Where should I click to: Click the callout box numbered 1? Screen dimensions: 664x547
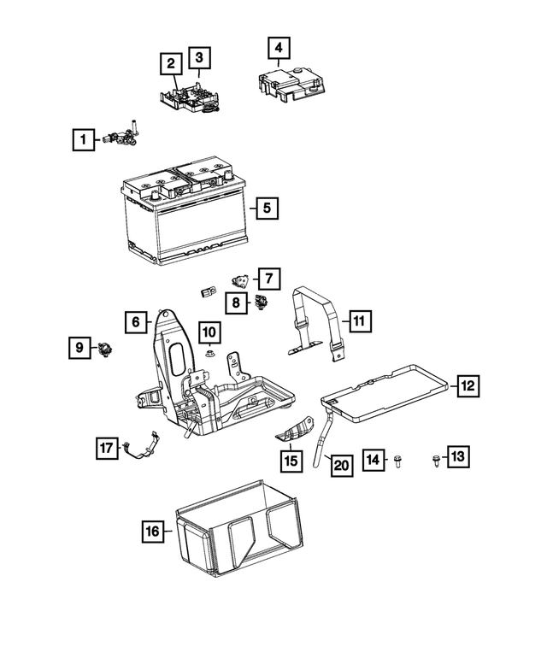point(83,138)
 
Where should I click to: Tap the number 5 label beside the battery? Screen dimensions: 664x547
point(266,208)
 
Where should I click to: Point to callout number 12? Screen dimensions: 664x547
point(467,387)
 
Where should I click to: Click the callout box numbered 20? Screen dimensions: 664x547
point(341,465)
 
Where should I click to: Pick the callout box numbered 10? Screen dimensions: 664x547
point(210,332)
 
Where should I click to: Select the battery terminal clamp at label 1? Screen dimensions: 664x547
point(122,133)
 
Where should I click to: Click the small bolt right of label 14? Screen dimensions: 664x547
point(398,461)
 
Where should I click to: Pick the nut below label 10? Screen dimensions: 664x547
point(210,353)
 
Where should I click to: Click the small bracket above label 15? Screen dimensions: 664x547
point(292,435)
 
